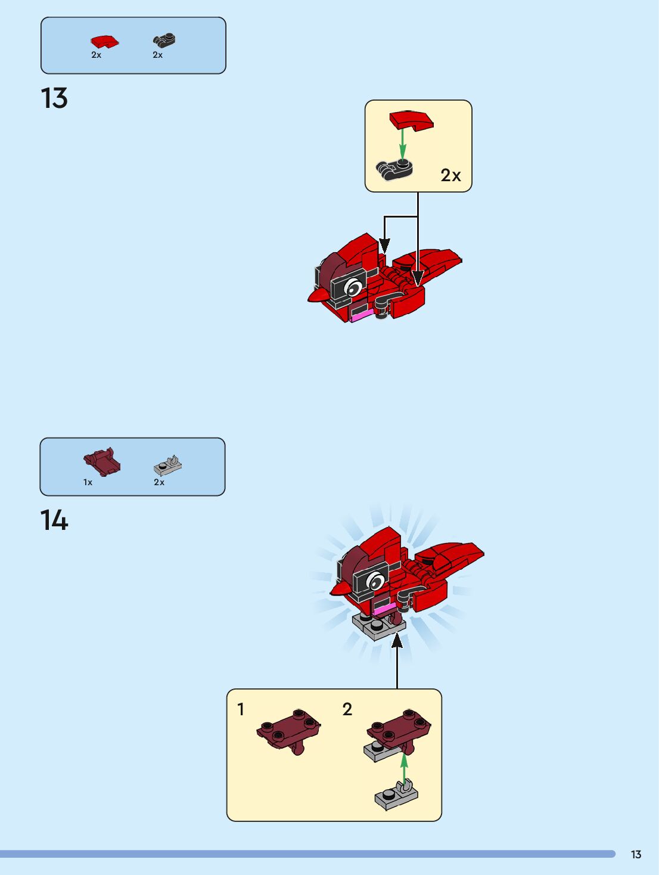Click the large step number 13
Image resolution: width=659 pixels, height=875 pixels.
click(x=54, y=98)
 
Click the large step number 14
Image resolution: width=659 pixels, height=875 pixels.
click(x=54, y=520)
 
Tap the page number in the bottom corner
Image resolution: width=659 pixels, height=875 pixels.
click(x=636, y=854)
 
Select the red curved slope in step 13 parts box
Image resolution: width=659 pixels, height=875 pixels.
click(x=104, y=41)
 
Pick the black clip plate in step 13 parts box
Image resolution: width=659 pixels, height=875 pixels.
click(x=164, y=40)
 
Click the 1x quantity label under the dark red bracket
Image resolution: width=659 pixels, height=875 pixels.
click(x=88, y=482)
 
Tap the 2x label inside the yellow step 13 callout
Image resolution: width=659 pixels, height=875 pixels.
click(x=450, y=175)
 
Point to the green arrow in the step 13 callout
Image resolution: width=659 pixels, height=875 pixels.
click(x=403, y=143)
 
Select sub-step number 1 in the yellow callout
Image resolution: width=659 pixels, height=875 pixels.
click(x=241, y=709)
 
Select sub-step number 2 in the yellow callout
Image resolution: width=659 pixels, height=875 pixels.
click(x=347, y=709)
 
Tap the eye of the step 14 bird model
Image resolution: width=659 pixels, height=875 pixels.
click(x=376, y=581)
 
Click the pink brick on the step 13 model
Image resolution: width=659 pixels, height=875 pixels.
click(x=359, y=315)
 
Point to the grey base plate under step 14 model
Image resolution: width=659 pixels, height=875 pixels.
click(x=379, y=627)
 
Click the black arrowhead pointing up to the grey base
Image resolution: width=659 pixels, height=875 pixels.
click(x=397, y=641)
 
